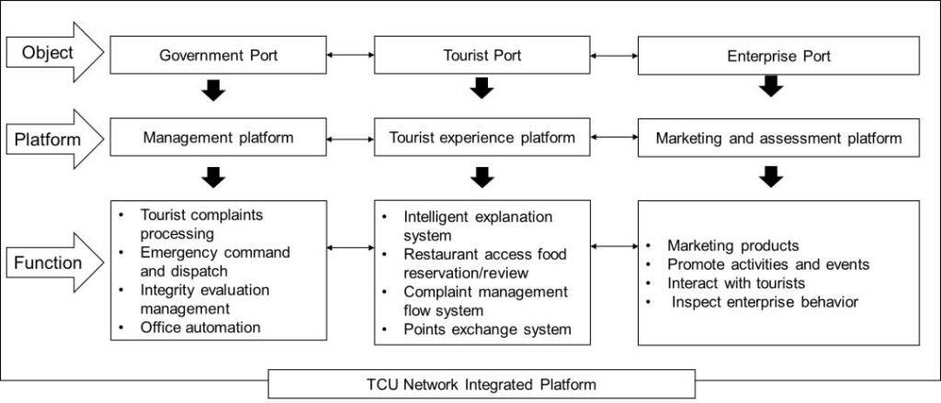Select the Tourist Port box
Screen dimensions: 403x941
(x=482, y=56)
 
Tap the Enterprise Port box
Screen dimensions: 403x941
(x=779, y=56)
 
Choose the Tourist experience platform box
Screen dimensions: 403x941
(x=482, y=139)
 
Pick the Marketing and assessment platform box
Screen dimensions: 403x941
(x=779, y=139)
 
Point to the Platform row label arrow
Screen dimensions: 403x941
(x=55, y=140)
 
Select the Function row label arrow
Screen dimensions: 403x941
(x=55, y=264)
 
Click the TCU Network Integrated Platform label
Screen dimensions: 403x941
(x=482, y=384)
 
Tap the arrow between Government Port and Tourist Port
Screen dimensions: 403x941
(x=349, y=56)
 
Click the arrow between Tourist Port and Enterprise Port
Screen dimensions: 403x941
(x=614, y=56)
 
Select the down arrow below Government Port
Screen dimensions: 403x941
(x=213, y=90)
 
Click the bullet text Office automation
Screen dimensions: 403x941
(x=200, y=327)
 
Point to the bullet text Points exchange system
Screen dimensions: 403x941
(x=488, y=330)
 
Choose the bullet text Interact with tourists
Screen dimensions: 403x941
(x=736, y=283)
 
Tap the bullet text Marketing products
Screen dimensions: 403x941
(x=733, y=246)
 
